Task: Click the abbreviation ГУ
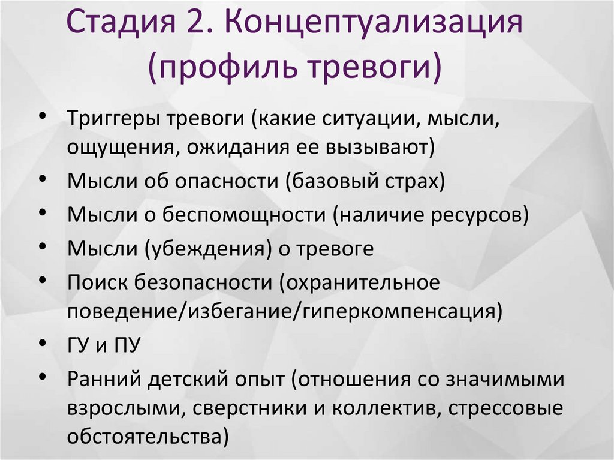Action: pos(79,346)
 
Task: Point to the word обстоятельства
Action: pos(144,437)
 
